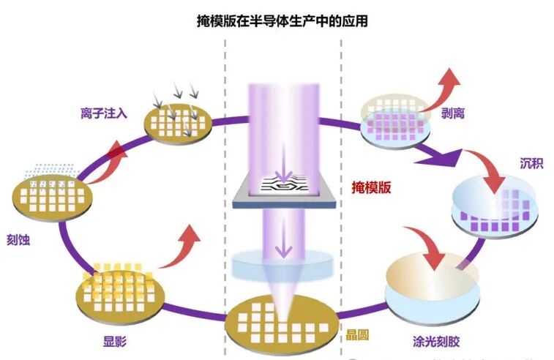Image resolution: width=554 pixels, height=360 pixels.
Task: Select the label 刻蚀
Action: pyautogui.click(x=20, y=239)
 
